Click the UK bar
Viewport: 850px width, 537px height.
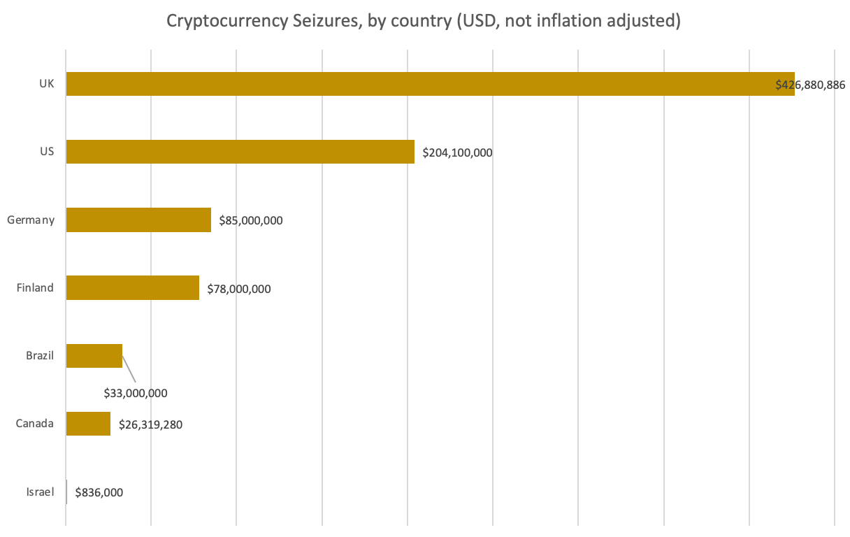point(419,84)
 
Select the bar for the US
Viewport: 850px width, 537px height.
point(240,152)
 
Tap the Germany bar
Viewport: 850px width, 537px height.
point(138,220)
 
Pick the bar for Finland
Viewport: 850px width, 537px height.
point(132,287)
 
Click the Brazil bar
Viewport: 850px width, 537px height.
point(94,355)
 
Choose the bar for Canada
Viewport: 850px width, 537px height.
point(88,424)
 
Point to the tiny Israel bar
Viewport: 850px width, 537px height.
point(66,492)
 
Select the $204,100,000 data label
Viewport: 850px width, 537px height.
point(457,152)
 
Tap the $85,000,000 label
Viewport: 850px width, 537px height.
point(250,221)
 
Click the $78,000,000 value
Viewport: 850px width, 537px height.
point(238,289)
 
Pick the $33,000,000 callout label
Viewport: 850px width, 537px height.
point(136,393)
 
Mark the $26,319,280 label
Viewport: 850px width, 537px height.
point(150,424)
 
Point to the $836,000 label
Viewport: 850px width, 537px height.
point(99,492)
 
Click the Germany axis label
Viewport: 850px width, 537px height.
point(31,220)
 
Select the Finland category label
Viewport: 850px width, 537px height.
point(35,287)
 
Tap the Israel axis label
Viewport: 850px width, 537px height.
point(40,492)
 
